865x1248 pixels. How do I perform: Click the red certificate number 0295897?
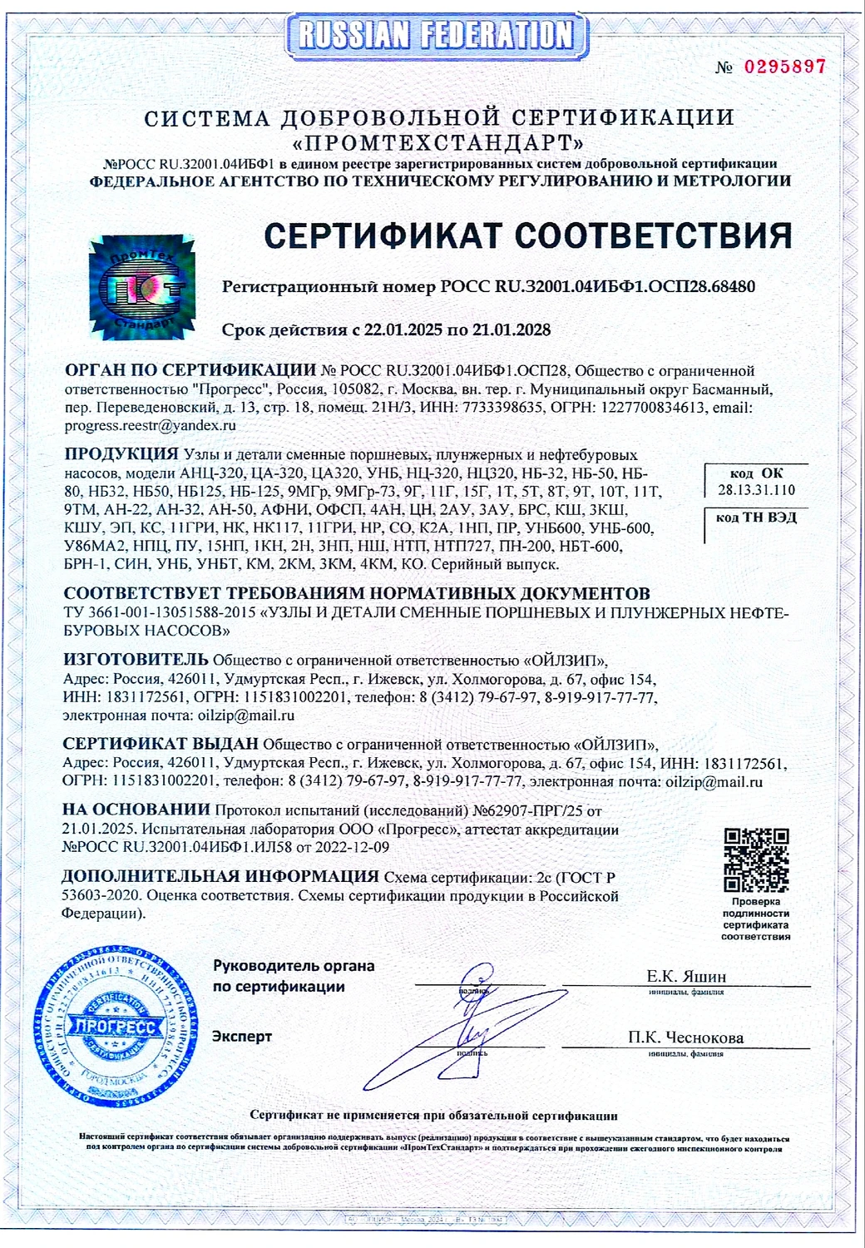pyautogui.click(x=784, y=67)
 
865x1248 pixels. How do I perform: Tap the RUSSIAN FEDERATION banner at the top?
pyautogui.click(x=435, y=35)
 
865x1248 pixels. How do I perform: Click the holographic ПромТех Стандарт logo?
pyautogui.click(x=141, y=288)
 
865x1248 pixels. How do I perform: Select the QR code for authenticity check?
pyautogui.click(x=755, y=859)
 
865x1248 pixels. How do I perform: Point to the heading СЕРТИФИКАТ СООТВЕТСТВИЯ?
pyautogui.click(x=527, y=235)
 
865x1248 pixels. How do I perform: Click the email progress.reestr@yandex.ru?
pyautogui.click(x=151, y=425)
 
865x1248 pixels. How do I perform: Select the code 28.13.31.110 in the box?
pyautogui.click(x=756, y=490)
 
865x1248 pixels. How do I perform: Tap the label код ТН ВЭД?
pyautogui.click(x=756, y=518)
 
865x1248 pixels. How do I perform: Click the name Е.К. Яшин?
pyautogui.click(x=686, y=976)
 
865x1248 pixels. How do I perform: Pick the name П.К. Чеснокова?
pyautogui.click(x=686, y=1038)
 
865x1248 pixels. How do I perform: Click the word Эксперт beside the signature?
pyautogui.click(x=242, y=1037)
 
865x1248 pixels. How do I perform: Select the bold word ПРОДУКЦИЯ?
pyautogui.click(x=121, y=454)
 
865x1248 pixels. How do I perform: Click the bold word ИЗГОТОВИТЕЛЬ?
pyautogui.click(x=136, y=660)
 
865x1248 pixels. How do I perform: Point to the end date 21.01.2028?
pyautogui.click(x=512, y=330)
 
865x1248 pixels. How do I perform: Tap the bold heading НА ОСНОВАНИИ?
pyautogui.click(x=136, y=810)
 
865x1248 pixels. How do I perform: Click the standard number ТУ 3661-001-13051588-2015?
pyautogui.click(x=160, y=613)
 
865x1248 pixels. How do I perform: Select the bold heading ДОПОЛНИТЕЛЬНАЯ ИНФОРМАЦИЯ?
pyautogui.click(x=220, y=877)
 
